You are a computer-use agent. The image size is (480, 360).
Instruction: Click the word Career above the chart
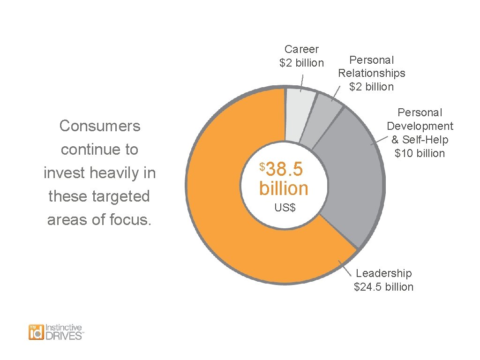[301, 49]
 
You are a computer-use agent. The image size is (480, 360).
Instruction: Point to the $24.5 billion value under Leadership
[383, 287]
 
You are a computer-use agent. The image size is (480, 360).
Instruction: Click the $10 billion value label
[420, 153]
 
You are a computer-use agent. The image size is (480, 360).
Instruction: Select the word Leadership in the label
[383, 273]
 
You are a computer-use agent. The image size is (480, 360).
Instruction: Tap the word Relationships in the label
[371, 73]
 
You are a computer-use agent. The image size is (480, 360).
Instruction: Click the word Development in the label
[420, 126]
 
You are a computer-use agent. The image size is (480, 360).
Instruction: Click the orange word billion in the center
[284, 188]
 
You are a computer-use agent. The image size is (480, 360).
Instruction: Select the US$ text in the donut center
[285, 207]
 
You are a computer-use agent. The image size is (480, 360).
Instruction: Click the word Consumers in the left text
[99, 126]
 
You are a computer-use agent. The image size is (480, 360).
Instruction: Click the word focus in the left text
[133, 219]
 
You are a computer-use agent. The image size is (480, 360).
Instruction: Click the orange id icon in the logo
[36, 332]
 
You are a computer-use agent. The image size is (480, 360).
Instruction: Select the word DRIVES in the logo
[64, 336]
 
